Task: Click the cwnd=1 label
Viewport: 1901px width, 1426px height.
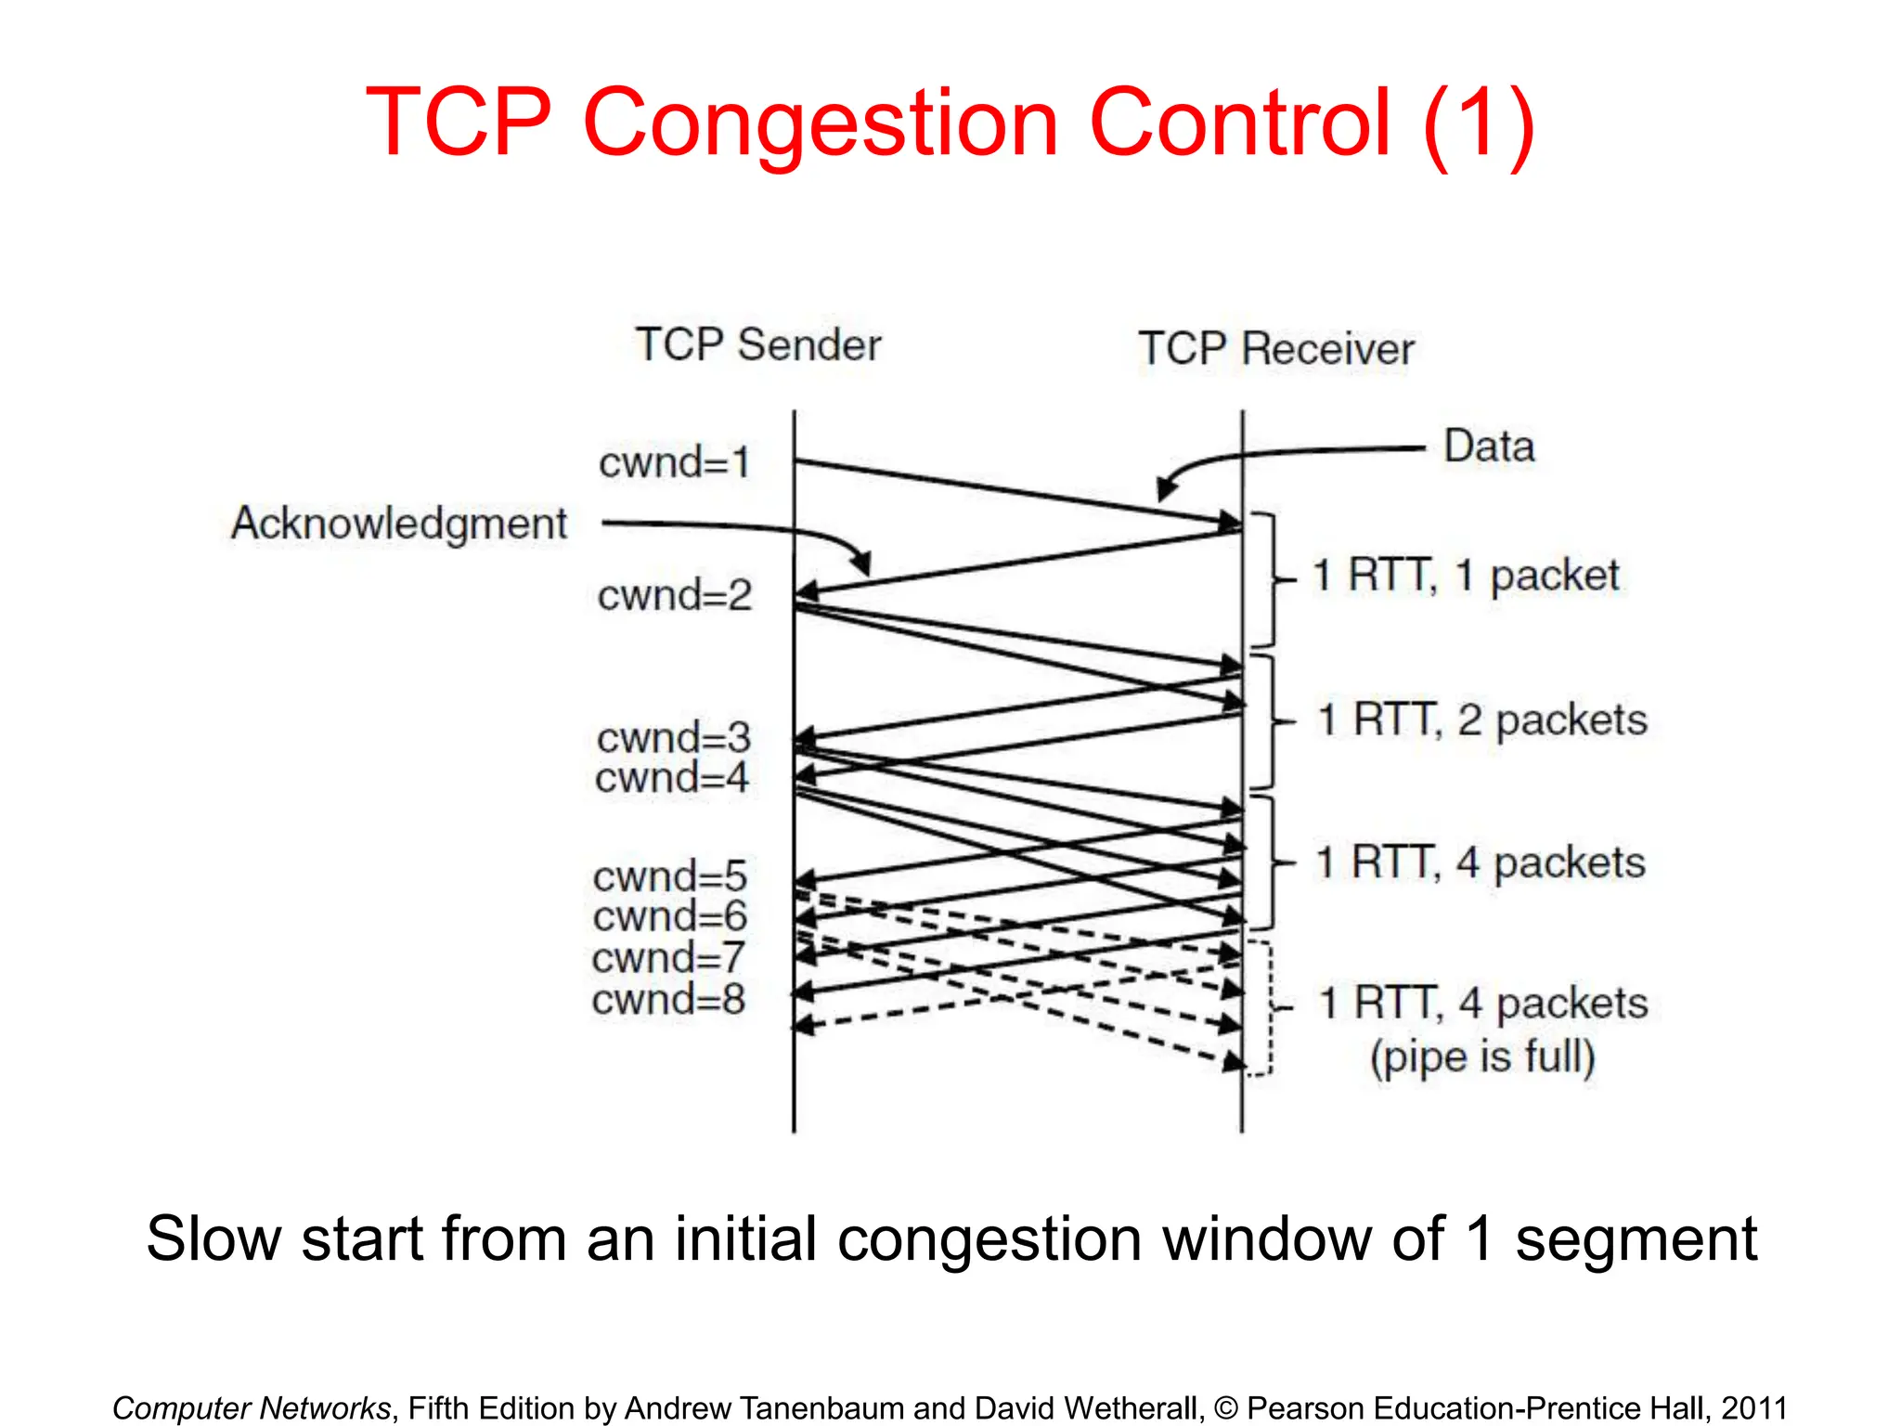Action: (x=674, y=462)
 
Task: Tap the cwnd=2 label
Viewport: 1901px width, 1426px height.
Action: (x=674, y=595)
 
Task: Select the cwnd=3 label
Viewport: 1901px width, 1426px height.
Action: (x=673, y=738)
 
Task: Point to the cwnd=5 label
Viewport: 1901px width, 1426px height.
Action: (x=669, y=876)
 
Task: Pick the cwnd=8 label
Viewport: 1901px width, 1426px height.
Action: (x=668, y=1000)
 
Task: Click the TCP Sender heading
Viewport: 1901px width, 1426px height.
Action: (x=757, y=345)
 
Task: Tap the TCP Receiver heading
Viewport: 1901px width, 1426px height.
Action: (x=1275, y=349)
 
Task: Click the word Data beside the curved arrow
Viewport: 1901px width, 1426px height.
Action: (x=1489, y=447)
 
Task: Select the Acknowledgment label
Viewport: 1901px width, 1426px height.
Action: (x=398, y=524)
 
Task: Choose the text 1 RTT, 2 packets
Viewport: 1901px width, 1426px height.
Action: (x=1481, y=719)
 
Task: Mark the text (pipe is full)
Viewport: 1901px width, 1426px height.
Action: (x=1482, y=1057)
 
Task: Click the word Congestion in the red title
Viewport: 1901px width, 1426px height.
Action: (x=821, y=123)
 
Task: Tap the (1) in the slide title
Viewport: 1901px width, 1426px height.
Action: (x=1478, y=123)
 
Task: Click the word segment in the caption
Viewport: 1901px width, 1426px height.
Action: (x=1636, y=1239)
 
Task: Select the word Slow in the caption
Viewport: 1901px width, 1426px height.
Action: (x=213, y=1239)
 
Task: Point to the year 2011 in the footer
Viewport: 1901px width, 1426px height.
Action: (x=1753, y=1407)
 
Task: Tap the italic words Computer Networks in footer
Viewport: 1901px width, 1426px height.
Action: (x=252, y=1407)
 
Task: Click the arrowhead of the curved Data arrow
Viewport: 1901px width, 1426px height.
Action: (x=1166, y=489)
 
